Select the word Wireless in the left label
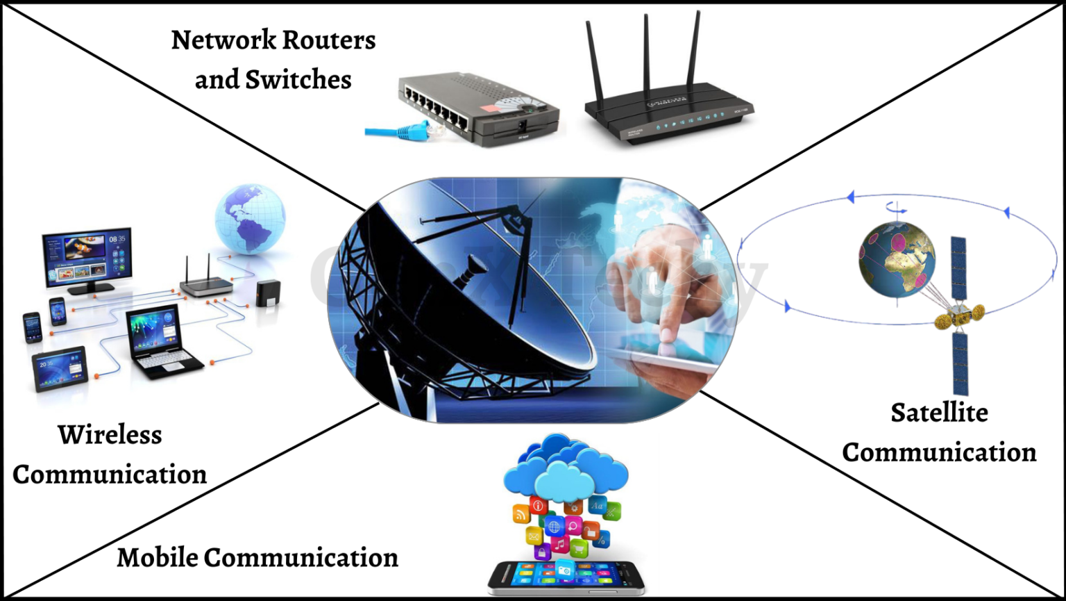click(x=110, y=435)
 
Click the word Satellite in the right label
click(x=939, y=413)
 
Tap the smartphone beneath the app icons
click(x=565, y=576)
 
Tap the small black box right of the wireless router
click(x=267, y=293)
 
